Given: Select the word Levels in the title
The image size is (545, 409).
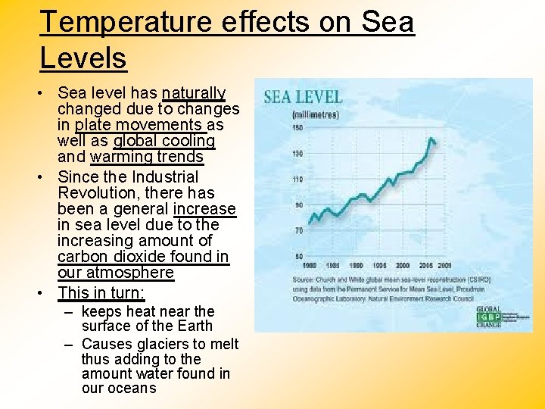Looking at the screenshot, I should point(83,58).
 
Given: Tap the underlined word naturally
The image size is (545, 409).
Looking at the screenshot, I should point(193,93).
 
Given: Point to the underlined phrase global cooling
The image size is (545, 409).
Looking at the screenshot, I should point(164,141).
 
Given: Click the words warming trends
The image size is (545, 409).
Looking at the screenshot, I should point(147,157).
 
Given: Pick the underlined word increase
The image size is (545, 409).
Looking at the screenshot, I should point(204,209).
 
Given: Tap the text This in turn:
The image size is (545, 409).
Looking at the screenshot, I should point(101,292).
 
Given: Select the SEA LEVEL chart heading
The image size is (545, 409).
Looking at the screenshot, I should point(303,98).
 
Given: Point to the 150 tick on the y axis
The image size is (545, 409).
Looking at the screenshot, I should point(297,128).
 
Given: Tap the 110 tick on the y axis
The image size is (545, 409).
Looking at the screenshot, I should point(297,180).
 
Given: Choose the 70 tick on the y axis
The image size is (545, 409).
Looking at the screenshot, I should point(297,230).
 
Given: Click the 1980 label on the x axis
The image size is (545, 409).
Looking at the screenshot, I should point(309,266).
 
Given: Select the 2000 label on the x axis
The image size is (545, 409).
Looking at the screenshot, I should point(403,266).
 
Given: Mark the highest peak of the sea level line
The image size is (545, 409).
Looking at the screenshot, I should point(431,139).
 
